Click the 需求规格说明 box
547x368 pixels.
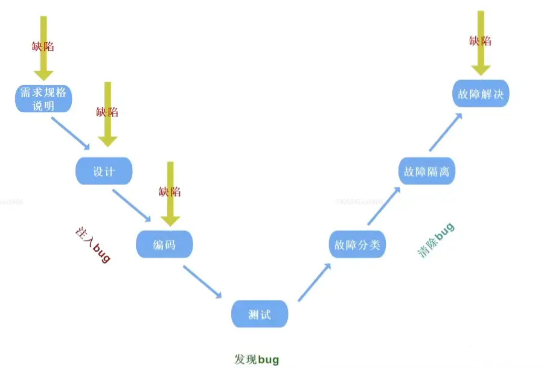coord(43,98)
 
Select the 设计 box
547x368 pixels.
coord(104,171)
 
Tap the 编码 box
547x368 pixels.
coord(164,244)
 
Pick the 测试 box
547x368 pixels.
coord(260,314)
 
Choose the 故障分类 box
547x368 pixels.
coord(357,244)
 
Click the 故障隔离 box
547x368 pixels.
coord(427,171)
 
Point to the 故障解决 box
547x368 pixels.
coord(481,94)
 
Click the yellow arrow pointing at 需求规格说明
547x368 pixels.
coord(43,48)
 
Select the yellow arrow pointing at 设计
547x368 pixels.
coord(108,115)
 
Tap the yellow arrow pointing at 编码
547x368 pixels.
coord(170,193)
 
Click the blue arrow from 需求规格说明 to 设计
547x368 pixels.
coord(71,133)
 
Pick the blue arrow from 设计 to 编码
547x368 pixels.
coord(131,205)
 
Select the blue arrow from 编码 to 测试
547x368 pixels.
coord(202,282)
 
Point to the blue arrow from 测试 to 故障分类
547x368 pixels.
coord(315,281)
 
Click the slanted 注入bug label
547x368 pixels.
coord(92,245)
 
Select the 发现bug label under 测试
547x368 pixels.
coord(257,360)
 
